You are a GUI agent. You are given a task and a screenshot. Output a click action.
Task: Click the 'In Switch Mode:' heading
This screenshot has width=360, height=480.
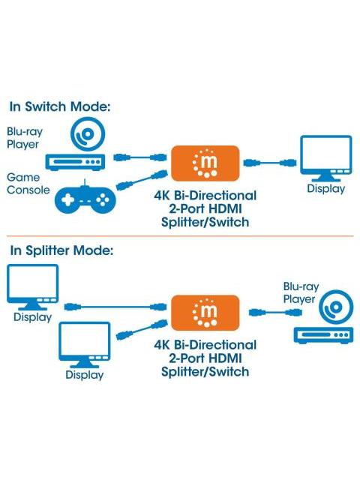(60, 106)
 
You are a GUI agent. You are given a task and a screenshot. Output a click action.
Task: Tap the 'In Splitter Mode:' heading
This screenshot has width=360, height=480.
(61, 250)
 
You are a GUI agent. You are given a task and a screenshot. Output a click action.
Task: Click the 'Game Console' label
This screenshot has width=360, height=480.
(28, 184)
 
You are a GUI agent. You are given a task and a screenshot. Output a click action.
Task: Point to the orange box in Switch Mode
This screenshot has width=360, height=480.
(205, 163)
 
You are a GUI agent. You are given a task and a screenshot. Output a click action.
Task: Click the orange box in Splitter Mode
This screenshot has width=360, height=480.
(205, 313)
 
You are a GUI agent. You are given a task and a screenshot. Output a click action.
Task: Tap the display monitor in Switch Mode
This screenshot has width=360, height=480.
(326, 158)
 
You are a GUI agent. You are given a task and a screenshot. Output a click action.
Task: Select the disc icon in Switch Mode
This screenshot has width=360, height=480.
(88, 134)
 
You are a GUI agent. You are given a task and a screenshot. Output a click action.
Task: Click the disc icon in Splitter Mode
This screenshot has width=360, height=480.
(336, 307)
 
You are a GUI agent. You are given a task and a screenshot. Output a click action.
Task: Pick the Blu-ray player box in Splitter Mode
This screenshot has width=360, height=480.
(323, 335)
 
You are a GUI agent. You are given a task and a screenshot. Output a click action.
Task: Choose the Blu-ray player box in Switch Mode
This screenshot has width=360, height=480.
(75, 162)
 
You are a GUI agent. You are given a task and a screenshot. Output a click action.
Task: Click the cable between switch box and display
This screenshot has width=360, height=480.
(270, 163)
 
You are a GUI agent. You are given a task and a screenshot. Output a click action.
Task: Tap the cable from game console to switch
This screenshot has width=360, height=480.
(142, 180)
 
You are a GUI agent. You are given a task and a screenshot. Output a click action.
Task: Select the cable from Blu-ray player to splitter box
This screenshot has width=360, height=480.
(275, 313)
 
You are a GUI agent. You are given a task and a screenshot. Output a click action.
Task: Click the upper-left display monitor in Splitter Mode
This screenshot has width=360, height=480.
(33, 287)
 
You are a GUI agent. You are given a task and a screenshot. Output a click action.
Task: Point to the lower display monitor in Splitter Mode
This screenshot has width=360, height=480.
(85, 345)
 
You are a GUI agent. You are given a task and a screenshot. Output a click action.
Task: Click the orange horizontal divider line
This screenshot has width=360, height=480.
(180, 236)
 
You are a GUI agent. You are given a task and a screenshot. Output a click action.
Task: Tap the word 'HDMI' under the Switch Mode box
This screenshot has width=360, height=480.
(225, 208)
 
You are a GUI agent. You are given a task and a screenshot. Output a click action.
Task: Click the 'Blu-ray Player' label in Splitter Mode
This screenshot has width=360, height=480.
(301, 292)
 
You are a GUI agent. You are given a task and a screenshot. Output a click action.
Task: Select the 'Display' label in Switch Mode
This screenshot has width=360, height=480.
(326, 188)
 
